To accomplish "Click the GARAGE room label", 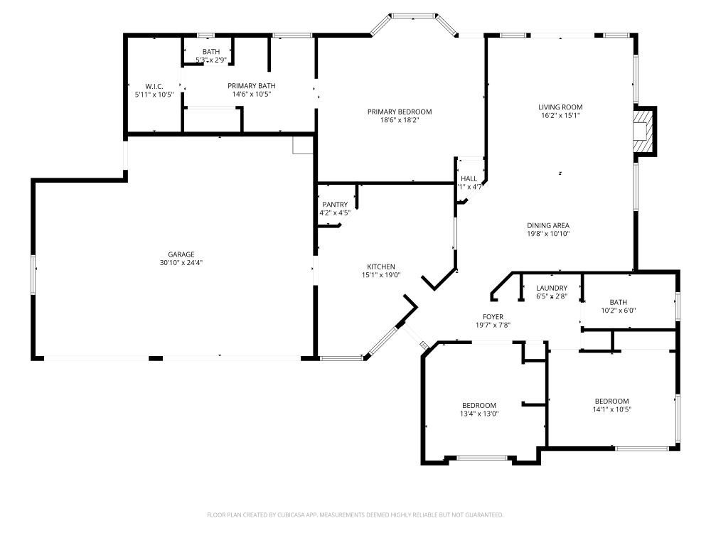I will (x=181, y=254).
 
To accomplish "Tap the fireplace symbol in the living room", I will (x=643, y=131).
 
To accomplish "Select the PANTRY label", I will (x=334, y=205).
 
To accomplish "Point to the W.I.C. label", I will (x=154, y=86).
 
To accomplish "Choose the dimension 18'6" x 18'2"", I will (x=399, y=120).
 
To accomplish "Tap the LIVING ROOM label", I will (x=560, y=107).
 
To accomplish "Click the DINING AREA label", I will (x=548, y=225).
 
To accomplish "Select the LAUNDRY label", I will (x=552, y=288).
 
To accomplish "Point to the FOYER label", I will (x=493, y=317).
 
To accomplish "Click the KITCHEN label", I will (x=380, y=267).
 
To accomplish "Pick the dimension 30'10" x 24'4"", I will (x=181, y=263).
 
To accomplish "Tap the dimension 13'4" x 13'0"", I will (x=479, y=414).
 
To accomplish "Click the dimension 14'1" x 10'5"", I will (x=611, y=409).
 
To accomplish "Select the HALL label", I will (x=469, y=179).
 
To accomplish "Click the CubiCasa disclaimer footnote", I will (x=355, y=515).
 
